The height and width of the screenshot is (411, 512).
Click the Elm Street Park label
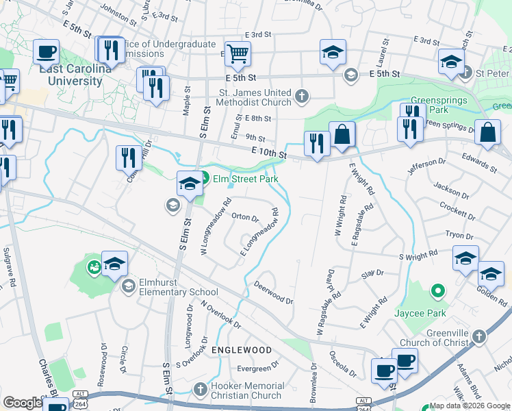(x=244, y=179)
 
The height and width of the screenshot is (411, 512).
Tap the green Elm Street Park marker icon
(x=204, y=179)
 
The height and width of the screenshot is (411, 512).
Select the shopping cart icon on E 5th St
(x=238, y=52)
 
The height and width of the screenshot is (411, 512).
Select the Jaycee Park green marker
(x=436, y=291)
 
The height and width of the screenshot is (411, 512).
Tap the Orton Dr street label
(x=245, y=218)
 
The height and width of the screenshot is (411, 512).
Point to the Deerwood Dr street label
(x=273, y=292)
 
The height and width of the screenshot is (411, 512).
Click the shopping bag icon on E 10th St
(x=342, y=134)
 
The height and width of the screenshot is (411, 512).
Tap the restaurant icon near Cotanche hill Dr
(x=128, y=158)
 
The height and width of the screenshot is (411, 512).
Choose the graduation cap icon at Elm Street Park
(x=190, y=183)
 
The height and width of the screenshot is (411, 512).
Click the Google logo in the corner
(x=23, y=403)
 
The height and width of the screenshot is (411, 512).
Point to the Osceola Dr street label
(x=342, y=364)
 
